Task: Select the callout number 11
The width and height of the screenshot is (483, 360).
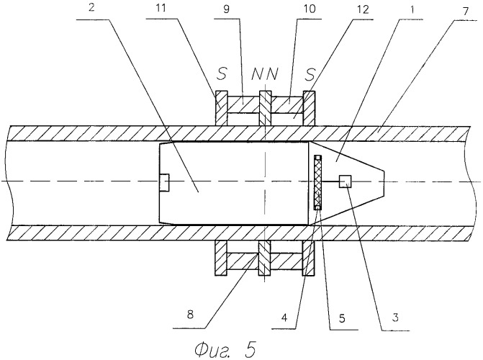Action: click(161, 8)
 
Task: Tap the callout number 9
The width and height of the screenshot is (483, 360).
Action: click(227, 9)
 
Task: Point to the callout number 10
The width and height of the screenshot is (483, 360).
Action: click(310, 9)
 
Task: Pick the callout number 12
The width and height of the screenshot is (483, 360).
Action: click(363, 9)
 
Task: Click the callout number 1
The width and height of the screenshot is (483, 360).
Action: click(412, 9)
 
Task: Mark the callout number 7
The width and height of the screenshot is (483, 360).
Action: click(465, 11)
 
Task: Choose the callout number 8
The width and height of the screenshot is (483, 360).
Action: click(190, 315)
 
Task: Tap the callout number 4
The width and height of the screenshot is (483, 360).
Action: click(284, 317)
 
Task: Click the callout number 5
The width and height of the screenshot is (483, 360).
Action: click(342, 318)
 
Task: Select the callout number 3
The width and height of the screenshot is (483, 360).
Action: click(395, 317)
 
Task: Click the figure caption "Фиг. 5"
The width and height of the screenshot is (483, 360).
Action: click(225, 349)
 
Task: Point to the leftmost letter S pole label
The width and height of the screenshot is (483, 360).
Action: click(222, 73)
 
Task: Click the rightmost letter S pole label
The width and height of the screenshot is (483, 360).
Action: click(310, 74)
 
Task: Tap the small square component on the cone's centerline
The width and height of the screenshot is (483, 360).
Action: click(346, 181)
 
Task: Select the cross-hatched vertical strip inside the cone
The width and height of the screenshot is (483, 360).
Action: click(317, 182)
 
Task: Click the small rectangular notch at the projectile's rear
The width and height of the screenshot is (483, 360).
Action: click(164, 182)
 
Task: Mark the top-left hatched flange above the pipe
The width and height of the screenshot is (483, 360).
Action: click(221, 108)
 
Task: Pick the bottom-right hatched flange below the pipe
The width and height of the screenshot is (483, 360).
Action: click(309, 258)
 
